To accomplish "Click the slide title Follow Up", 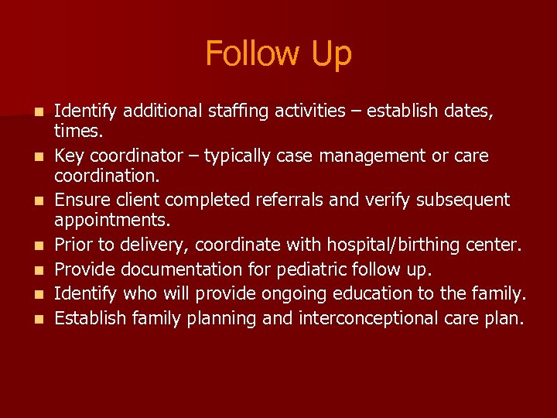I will point(278,53).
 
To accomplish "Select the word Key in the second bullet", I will point(70,156).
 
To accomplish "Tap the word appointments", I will point(111,221).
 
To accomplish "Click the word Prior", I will point(75,245).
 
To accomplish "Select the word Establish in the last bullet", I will point(91,317).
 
